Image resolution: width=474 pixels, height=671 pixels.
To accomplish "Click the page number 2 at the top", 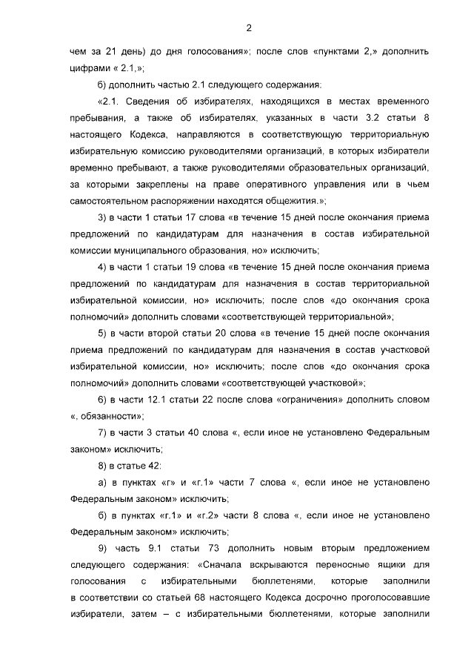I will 249,29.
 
